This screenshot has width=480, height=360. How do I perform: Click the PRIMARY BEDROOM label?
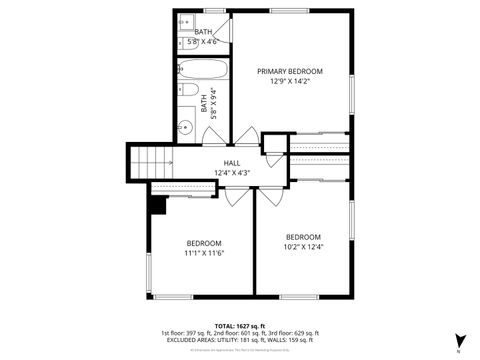290,71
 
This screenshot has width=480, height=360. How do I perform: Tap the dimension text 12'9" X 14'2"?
290,82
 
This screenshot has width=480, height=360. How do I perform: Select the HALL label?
232,163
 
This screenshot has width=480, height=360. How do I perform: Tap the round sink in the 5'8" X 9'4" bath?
185,127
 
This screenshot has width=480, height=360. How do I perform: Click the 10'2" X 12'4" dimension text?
303,247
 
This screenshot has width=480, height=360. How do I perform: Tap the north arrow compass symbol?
459,340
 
